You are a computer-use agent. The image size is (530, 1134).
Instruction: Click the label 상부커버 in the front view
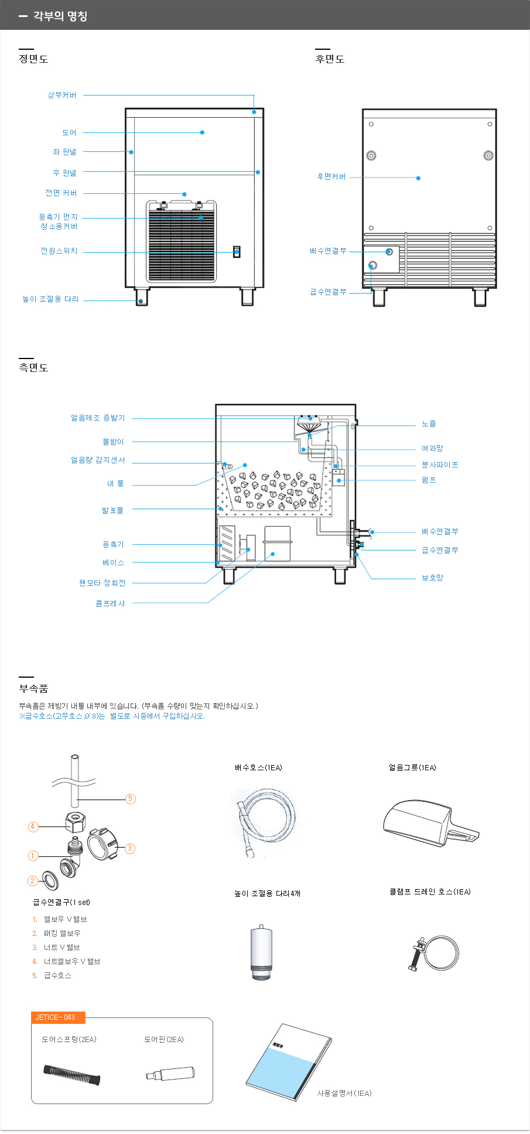tap(62, 95)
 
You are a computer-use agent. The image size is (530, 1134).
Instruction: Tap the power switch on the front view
tap(237, 252)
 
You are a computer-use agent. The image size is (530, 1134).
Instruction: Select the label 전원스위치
tap(59, 251)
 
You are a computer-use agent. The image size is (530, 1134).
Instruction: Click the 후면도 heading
tap(330, 59)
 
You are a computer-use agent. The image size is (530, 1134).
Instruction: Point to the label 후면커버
tap(331, 176)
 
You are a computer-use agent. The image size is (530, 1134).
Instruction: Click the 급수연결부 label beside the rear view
tap(328, 292)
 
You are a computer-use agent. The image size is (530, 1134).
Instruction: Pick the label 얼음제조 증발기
tap(98, 418)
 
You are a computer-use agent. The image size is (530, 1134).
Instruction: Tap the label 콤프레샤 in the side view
tap(110, 603)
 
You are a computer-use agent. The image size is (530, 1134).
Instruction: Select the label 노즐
tap(429, 423)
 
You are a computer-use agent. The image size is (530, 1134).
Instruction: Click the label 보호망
tap(432, 578)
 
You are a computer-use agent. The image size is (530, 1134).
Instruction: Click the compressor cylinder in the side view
tap(277, 544)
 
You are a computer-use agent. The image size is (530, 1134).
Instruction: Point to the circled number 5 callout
tap(131, 798)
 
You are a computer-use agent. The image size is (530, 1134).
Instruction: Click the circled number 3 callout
tap(130, 848)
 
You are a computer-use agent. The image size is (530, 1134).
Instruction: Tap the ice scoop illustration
tap(429, 822)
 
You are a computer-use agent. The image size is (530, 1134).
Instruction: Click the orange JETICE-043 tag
tap(58, 1017)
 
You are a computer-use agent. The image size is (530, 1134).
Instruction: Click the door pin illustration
tap(170, 1074)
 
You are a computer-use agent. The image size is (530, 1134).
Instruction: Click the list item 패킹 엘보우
tap(62, 933)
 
